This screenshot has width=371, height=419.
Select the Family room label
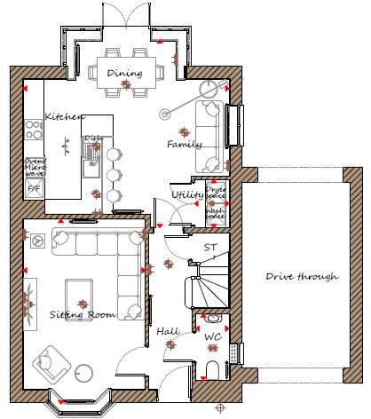pos(185,144)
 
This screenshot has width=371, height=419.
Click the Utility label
pos(187,194)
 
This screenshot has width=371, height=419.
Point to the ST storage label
pos(210,248)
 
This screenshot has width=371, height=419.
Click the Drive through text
pos(302,276)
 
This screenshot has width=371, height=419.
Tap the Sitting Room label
pos(83,314)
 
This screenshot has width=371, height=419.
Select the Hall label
pos(167,331)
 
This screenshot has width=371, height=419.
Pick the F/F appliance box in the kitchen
pos(33,189)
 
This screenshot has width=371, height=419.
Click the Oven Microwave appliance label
pos(33,167)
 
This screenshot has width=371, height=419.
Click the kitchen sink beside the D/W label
pos(90,160)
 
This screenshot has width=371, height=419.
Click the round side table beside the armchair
pos(83,373)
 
